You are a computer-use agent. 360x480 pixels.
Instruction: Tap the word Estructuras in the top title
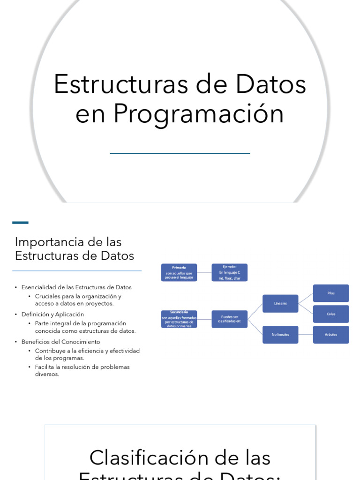117,84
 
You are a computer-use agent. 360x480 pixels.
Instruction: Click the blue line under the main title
180,153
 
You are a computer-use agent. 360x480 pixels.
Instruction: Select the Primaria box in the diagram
179,272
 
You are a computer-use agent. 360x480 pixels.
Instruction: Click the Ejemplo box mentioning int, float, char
230,272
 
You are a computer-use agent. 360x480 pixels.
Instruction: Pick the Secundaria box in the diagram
179,319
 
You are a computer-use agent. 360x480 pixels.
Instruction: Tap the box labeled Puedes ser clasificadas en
230,319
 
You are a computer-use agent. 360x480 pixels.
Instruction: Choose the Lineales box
280,303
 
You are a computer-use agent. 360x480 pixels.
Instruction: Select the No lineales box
280,335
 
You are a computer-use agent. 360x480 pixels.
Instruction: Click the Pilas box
331,293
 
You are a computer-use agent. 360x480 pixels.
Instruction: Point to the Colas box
331,314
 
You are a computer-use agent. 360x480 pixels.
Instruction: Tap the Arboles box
331,335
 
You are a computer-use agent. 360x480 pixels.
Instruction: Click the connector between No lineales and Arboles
306,335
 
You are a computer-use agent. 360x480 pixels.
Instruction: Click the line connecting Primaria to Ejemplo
204,272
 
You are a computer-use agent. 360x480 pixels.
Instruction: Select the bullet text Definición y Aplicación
52,315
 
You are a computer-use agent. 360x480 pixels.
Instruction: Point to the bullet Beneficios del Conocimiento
60,342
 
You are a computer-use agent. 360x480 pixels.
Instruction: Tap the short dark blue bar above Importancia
20,223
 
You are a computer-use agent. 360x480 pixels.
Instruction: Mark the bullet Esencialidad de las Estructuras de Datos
76,287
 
